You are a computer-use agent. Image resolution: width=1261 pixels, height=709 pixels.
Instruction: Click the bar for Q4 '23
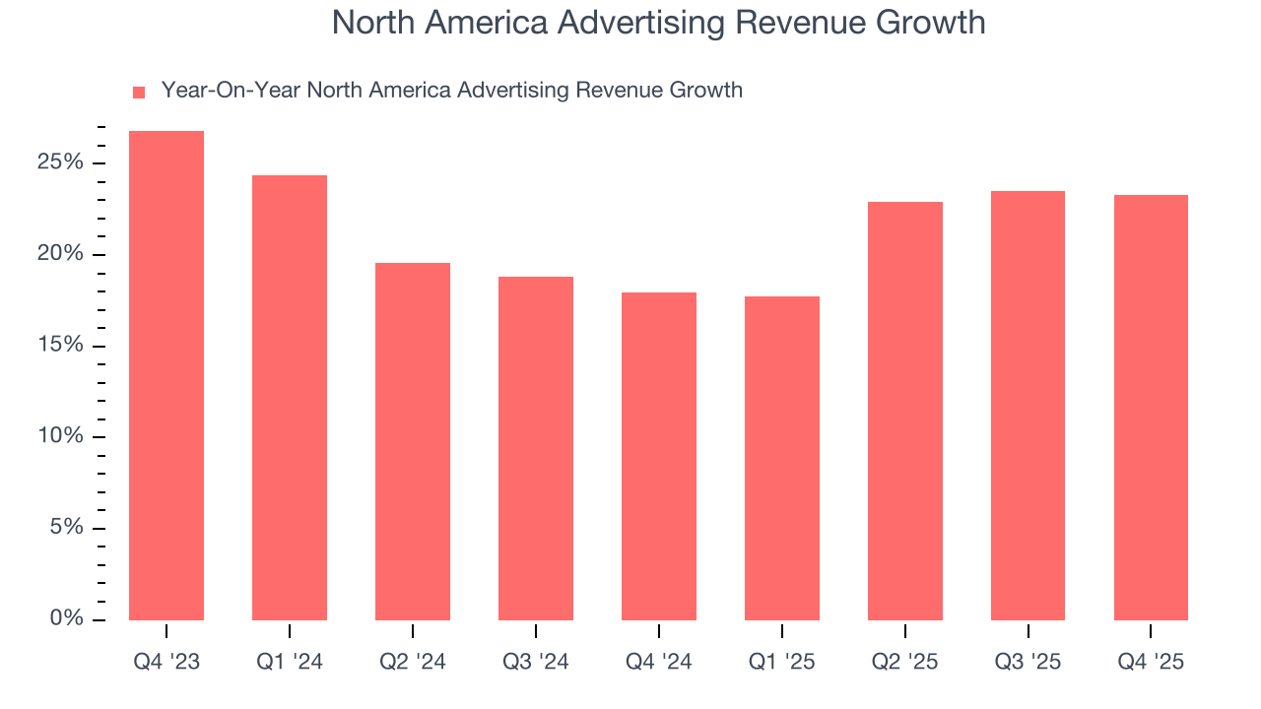(x=166, y=375)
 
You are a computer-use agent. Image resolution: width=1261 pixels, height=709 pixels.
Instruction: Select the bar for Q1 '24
(x=290, y=398)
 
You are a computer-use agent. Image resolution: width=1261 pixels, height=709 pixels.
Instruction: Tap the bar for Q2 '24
(x=413, y=441)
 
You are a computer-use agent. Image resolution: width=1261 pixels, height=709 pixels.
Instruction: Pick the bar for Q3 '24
(x=536, y=448)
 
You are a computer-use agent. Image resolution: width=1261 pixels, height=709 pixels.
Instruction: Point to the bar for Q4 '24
(x=659, y=456)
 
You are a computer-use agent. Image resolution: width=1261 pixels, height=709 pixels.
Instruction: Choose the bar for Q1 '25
(x=782, y=458)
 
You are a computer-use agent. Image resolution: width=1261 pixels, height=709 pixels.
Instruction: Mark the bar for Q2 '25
(x=905, y=411)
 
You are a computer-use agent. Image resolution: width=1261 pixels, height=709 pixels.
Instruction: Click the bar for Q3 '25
(x=1028, y=406)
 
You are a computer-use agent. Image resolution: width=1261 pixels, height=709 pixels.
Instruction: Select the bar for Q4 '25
(x=1151, y=408)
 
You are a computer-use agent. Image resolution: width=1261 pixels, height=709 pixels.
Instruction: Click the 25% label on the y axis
(x=61, y=162)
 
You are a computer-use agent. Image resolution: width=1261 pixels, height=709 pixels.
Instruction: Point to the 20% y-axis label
(x=61, y=254)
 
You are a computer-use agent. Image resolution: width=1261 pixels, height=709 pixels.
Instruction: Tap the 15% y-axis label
(x=61, y=346)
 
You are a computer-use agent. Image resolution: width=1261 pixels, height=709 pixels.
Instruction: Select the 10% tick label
(x=61, y=436)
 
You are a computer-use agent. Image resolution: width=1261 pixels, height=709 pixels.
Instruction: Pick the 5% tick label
(x=67, y=528)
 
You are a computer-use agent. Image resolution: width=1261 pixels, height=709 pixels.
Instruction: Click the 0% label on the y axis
(x=67, y=618)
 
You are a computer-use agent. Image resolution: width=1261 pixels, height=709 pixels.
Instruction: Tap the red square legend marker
(x=139, y=93)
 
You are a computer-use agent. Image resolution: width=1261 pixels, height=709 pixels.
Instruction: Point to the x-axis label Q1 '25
(x=782, y=662)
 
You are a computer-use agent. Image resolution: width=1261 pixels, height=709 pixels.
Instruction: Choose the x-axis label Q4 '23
(x=166, y=662)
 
